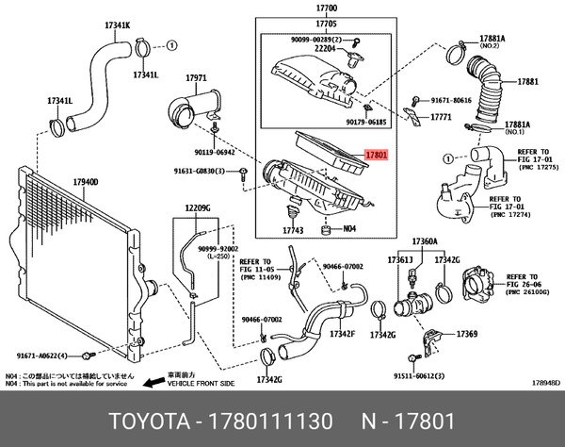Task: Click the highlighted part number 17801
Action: (x=376, y=152)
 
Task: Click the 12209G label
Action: (x=197, y=207)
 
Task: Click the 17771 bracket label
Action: (x=443, y=119)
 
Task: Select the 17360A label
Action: (x=425, y=242)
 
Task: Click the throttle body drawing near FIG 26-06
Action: (x=478, y=286)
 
